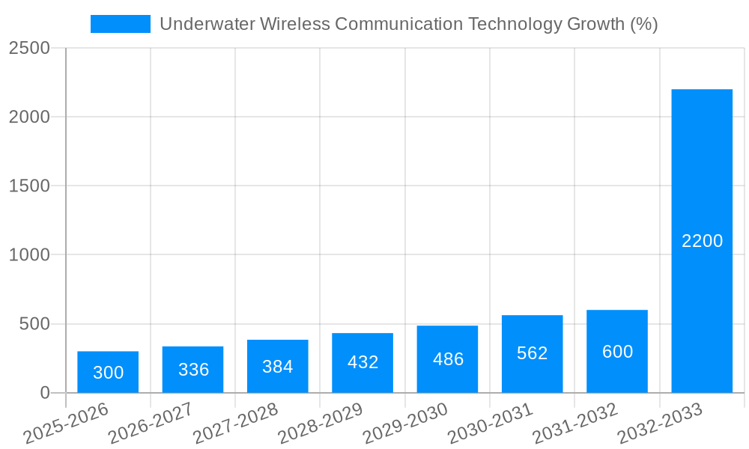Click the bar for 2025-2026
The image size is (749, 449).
[x=108, y=372]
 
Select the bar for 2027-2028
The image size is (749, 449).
[x=278, y=366]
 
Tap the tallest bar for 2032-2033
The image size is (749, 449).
[x=702, y=241]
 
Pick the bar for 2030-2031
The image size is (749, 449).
[x=532, y=354]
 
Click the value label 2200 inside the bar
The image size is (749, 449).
[x=702, y=241]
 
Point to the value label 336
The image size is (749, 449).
[x=193, y=370]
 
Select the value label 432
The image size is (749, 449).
[x=363, y=362]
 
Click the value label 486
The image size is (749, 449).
[x=448, y=359]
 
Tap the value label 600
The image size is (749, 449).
[x=617, y=352]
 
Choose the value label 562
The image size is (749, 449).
[x=532, y=353]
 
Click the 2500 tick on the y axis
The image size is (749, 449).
[x=29, y=48]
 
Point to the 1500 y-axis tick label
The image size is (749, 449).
[x=29, y=186]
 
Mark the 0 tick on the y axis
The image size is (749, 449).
[x=44, y=393]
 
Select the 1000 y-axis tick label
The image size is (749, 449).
[x=29, y=255]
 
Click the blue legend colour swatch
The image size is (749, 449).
[x=120, y=24]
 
